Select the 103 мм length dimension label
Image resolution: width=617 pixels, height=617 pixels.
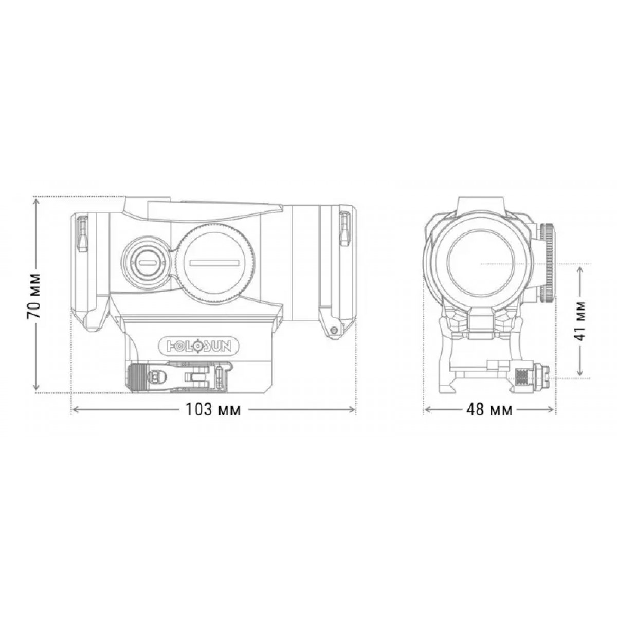point(213,410)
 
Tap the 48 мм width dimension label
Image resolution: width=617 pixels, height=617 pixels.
point(489,410)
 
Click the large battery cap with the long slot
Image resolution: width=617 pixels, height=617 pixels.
point(214,263)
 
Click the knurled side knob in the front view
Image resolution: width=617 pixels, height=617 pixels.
point(548,263)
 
